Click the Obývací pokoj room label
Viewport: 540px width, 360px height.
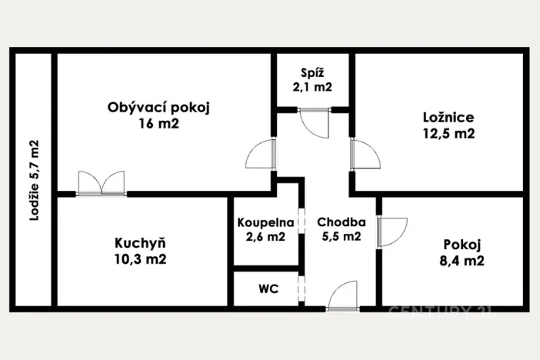158,108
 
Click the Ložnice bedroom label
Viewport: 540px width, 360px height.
448,118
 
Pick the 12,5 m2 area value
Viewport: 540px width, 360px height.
448,134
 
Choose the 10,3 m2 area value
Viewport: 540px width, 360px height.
140,259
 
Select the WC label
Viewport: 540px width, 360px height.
268,290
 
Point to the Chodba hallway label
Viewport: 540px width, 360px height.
341,222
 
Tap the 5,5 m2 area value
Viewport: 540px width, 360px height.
341,237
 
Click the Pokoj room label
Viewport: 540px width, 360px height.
462,245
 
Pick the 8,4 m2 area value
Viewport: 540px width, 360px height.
462,261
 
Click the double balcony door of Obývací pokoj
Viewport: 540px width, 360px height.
102,183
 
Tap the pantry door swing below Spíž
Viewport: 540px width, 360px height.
315,121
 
